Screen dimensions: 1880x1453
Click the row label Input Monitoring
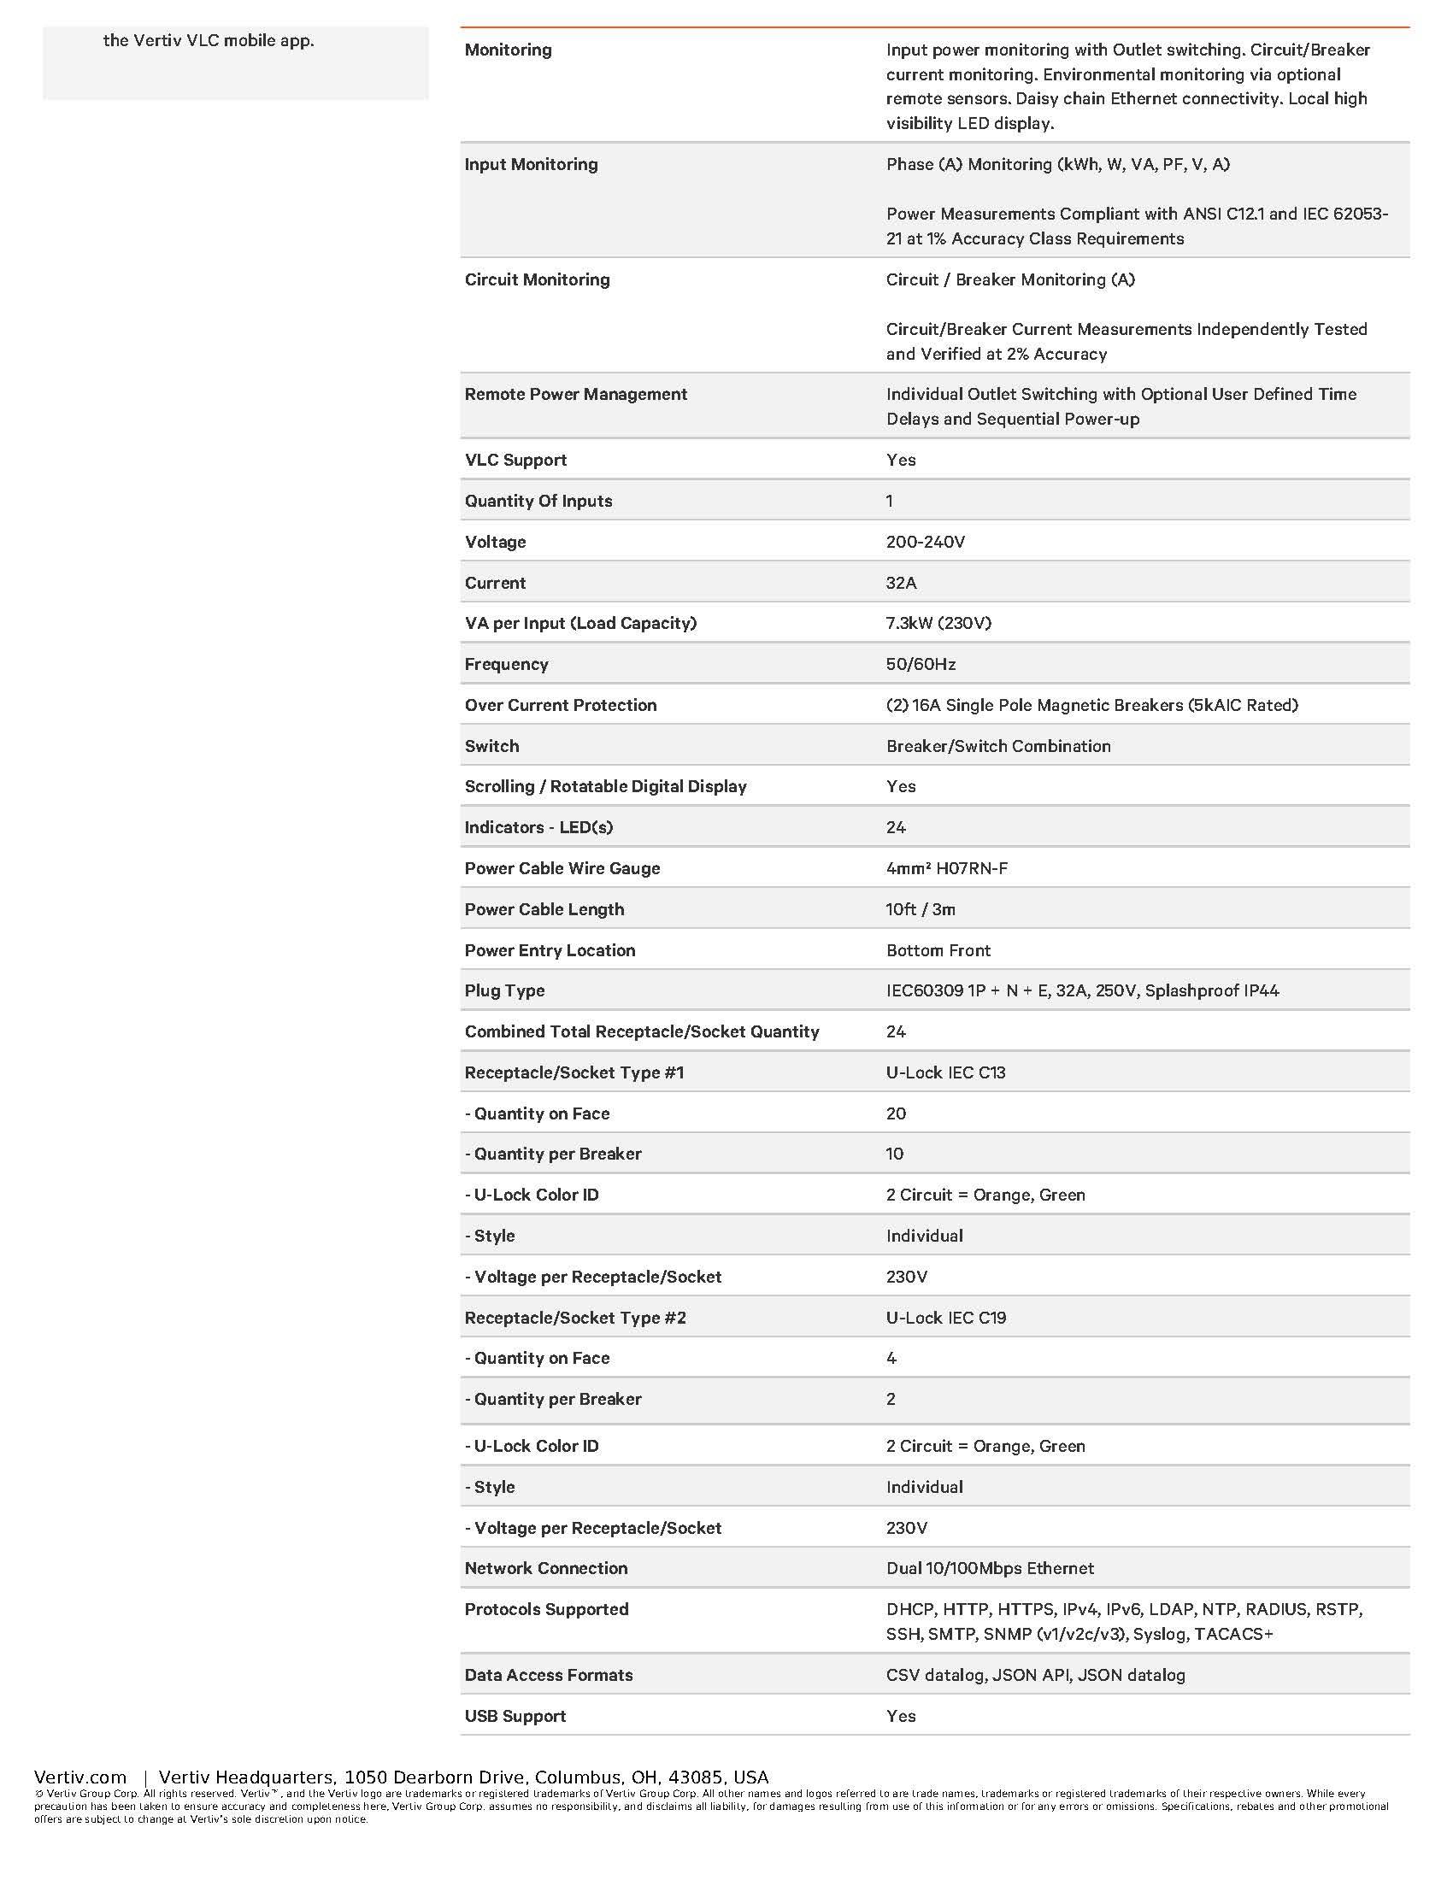pos(530,164)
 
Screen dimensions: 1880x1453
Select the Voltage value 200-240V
pos(926,542)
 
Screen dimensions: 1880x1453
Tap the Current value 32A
pos(901,583)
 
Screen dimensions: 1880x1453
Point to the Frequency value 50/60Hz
pos(921,664)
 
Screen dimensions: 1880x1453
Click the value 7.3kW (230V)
pos(938,623)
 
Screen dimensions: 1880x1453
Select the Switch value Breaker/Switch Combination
pos(998,746)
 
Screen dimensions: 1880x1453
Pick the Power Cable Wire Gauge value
pos(947,868)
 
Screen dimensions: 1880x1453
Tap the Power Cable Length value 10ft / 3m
pos(921,909)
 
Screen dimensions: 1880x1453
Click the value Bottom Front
pos(938,950)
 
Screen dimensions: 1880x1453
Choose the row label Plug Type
pos(504,990)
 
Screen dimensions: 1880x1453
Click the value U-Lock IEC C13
pos(946,1072)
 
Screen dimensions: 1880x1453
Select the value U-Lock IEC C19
pos(946,1318)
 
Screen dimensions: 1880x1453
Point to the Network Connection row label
pos(546,1568)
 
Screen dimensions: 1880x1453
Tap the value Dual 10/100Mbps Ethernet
pos(990,1568)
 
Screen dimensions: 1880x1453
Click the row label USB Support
pos(515,1717)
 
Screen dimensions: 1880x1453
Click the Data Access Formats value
pos(1036,1675)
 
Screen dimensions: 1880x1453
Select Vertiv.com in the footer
pos(80,1777)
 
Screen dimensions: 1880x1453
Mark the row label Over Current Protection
pos(561,705)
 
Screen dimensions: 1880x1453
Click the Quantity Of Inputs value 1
pos(889,501)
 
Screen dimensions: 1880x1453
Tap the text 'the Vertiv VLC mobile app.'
pos(209,40)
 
